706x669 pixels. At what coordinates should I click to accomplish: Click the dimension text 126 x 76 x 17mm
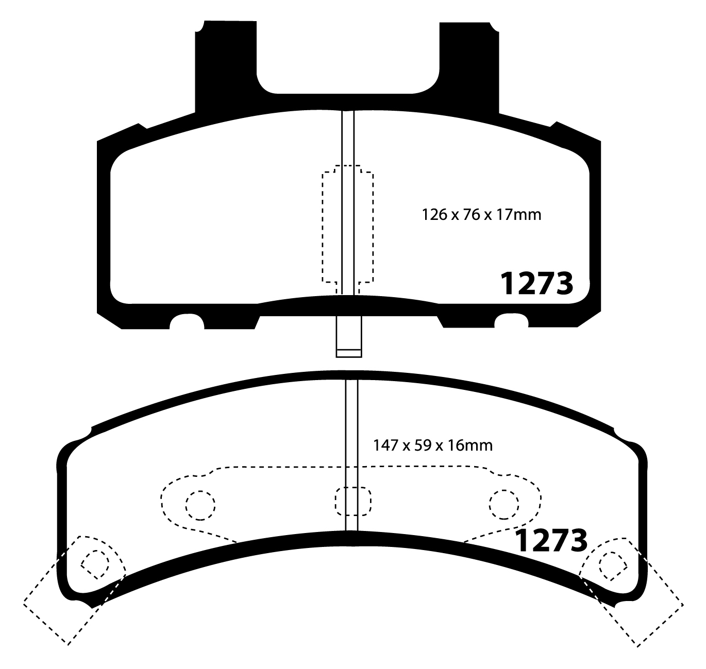point(481,214)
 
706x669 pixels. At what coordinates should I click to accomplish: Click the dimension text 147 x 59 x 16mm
point(432,444)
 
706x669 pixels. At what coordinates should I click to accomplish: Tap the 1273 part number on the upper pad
point(537,283)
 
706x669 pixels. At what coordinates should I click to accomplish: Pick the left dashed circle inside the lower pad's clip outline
point(199,505)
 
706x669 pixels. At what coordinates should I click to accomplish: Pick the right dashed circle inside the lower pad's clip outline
point(503,505)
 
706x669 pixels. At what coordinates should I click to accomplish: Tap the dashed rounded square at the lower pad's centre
point(352,501)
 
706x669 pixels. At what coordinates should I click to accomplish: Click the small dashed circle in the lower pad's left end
point(95,563)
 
